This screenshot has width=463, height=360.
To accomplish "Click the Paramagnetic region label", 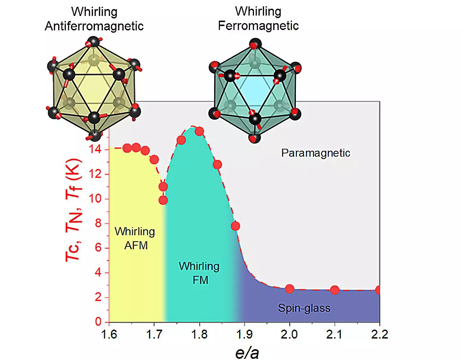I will [315, 153].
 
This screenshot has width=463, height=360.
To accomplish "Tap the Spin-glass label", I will [304, 308].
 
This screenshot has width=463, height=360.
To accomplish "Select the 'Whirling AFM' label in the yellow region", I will [135, 238].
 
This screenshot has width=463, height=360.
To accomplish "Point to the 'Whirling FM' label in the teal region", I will [199, 273].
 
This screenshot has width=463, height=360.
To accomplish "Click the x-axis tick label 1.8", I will [199, 334].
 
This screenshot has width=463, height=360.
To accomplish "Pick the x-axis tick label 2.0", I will [289, 334].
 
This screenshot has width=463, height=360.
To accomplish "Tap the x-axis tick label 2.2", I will [379, 334].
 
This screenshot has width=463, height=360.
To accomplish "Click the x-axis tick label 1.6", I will [109, 334].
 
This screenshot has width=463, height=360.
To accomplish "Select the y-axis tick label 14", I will [95, 149].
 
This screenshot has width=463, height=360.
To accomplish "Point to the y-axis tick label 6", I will [98, 248].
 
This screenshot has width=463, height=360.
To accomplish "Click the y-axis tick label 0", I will [98, 322].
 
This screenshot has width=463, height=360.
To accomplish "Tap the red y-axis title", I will [73, 210].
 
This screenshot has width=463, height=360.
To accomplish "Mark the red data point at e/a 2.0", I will [289, 289].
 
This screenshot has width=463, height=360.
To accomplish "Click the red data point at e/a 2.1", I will [335, 290].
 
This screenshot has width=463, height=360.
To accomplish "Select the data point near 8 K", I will [235, 226].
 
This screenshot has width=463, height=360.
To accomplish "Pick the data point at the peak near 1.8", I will [199, 131].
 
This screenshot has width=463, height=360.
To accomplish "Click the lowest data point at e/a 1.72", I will [163, 200].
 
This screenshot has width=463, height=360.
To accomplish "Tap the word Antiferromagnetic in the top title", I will [94, 26].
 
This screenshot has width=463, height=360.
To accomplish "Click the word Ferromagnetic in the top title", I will [258, 26].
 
